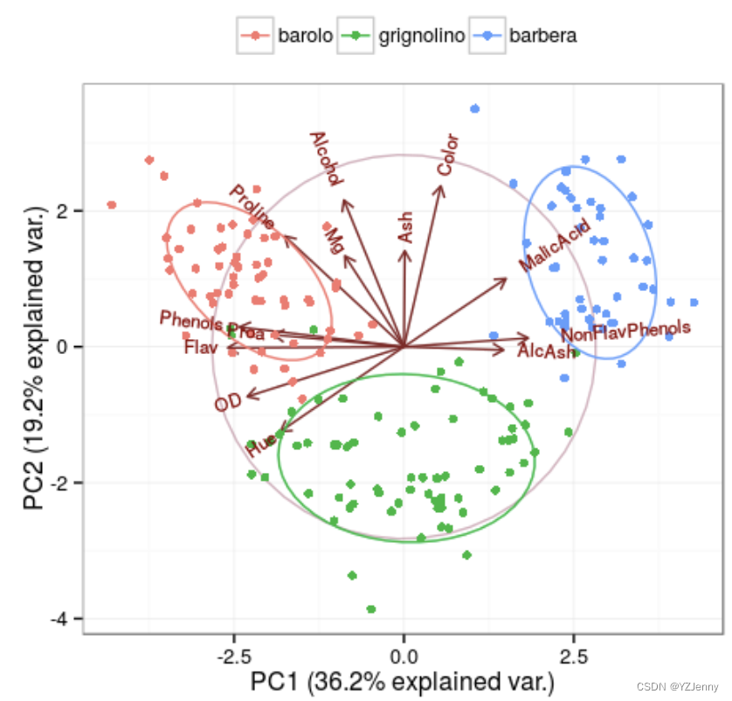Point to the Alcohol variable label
326,159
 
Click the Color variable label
447,155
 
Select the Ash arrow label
405,226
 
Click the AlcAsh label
546,351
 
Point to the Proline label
252,206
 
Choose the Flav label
201,347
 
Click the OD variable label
227,403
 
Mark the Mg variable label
332,239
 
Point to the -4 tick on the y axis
63,619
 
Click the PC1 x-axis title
403,680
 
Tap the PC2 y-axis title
33,358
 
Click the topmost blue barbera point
475,108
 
